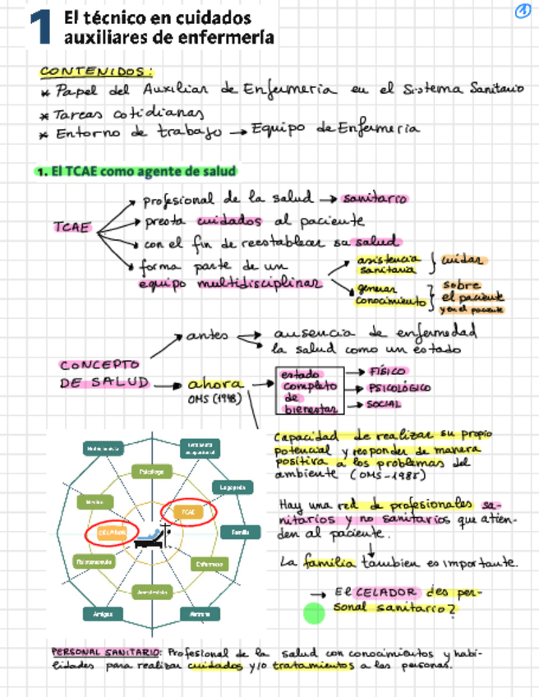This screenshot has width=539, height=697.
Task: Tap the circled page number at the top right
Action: point(521,11)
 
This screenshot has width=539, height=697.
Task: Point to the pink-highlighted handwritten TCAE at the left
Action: point(71,227)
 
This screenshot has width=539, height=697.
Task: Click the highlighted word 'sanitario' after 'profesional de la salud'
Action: point(375,198)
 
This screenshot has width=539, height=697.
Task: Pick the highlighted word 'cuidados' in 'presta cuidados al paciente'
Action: point(229,220)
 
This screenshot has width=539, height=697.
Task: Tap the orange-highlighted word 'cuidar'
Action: point(464,261)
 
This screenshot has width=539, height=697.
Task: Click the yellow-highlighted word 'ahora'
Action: point(215,384)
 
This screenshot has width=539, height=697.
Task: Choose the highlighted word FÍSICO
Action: point(387,372)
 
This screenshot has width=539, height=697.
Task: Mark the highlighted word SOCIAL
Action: point(384,404)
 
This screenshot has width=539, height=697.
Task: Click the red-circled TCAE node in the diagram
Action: point(188,511)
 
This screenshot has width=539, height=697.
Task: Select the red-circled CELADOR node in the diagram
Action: point(112,533)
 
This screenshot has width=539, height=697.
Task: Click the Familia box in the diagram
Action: point(240,533)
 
